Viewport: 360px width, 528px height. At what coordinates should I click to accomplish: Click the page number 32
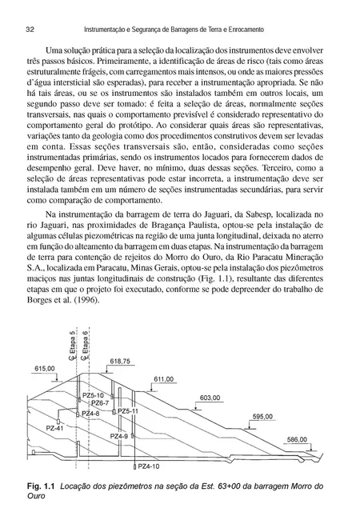(x=30, y=29)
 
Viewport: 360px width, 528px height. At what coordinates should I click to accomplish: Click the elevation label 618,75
(x=120, y=362)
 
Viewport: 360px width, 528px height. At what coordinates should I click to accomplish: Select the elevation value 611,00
(x=163, y=379)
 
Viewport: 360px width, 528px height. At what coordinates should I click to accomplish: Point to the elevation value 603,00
(x=209, y=398)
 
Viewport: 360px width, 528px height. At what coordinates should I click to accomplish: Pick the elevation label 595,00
(x=262, y=417)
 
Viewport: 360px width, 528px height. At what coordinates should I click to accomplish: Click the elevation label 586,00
(x=297, y=439)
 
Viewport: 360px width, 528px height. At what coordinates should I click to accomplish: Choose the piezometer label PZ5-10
(x=94, y=394)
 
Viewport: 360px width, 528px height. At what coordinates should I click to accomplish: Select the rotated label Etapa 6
(x=86, y=343)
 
